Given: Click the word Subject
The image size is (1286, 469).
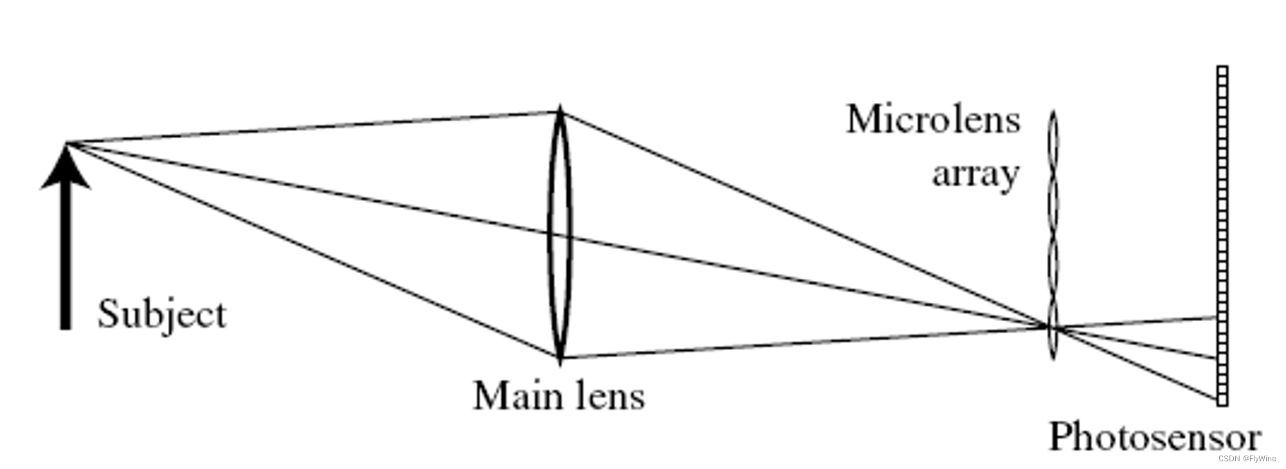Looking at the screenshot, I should pyautogui.click(x=161, y=315).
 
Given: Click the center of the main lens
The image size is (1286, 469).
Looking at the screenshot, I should pyautogui.click(x=559, y=234).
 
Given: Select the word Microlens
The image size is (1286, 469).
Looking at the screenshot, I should pyautogui.click(x=932, y=120).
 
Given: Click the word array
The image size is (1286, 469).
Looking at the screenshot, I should pyautogui.click(x=975, y=173).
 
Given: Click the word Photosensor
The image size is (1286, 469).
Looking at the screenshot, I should pyautogui.click(x=1154, y=438).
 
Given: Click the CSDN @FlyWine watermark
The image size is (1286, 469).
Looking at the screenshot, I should pyautogui.click(x=1246, y=459).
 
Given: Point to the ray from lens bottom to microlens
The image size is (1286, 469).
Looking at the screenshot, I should pyautogui.click(x=804, y=342).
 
